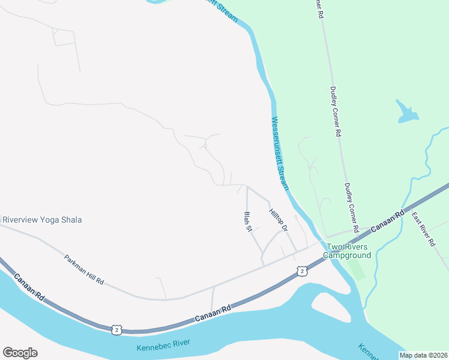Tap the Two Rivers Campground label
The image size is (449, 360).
click(348, 251)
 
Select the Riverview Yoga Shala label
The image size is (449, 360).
click(42, 220)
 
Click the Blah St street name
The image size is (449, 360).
click(247, 222)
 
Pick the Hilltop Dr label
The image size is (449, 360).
click(279, 221)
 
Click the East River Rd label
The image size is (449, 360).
click(424, 229)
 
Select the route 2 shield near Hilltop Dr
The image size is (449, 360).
click(301, 272)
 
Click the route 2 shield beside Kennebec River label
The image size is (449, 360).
click(117, 329)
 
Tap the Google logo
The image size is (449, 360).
click(20, 352)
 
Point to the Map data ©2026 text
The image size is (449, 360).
click(423, 355)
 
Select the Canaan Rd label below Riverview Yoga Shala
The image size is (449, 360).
click(31, 287)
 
